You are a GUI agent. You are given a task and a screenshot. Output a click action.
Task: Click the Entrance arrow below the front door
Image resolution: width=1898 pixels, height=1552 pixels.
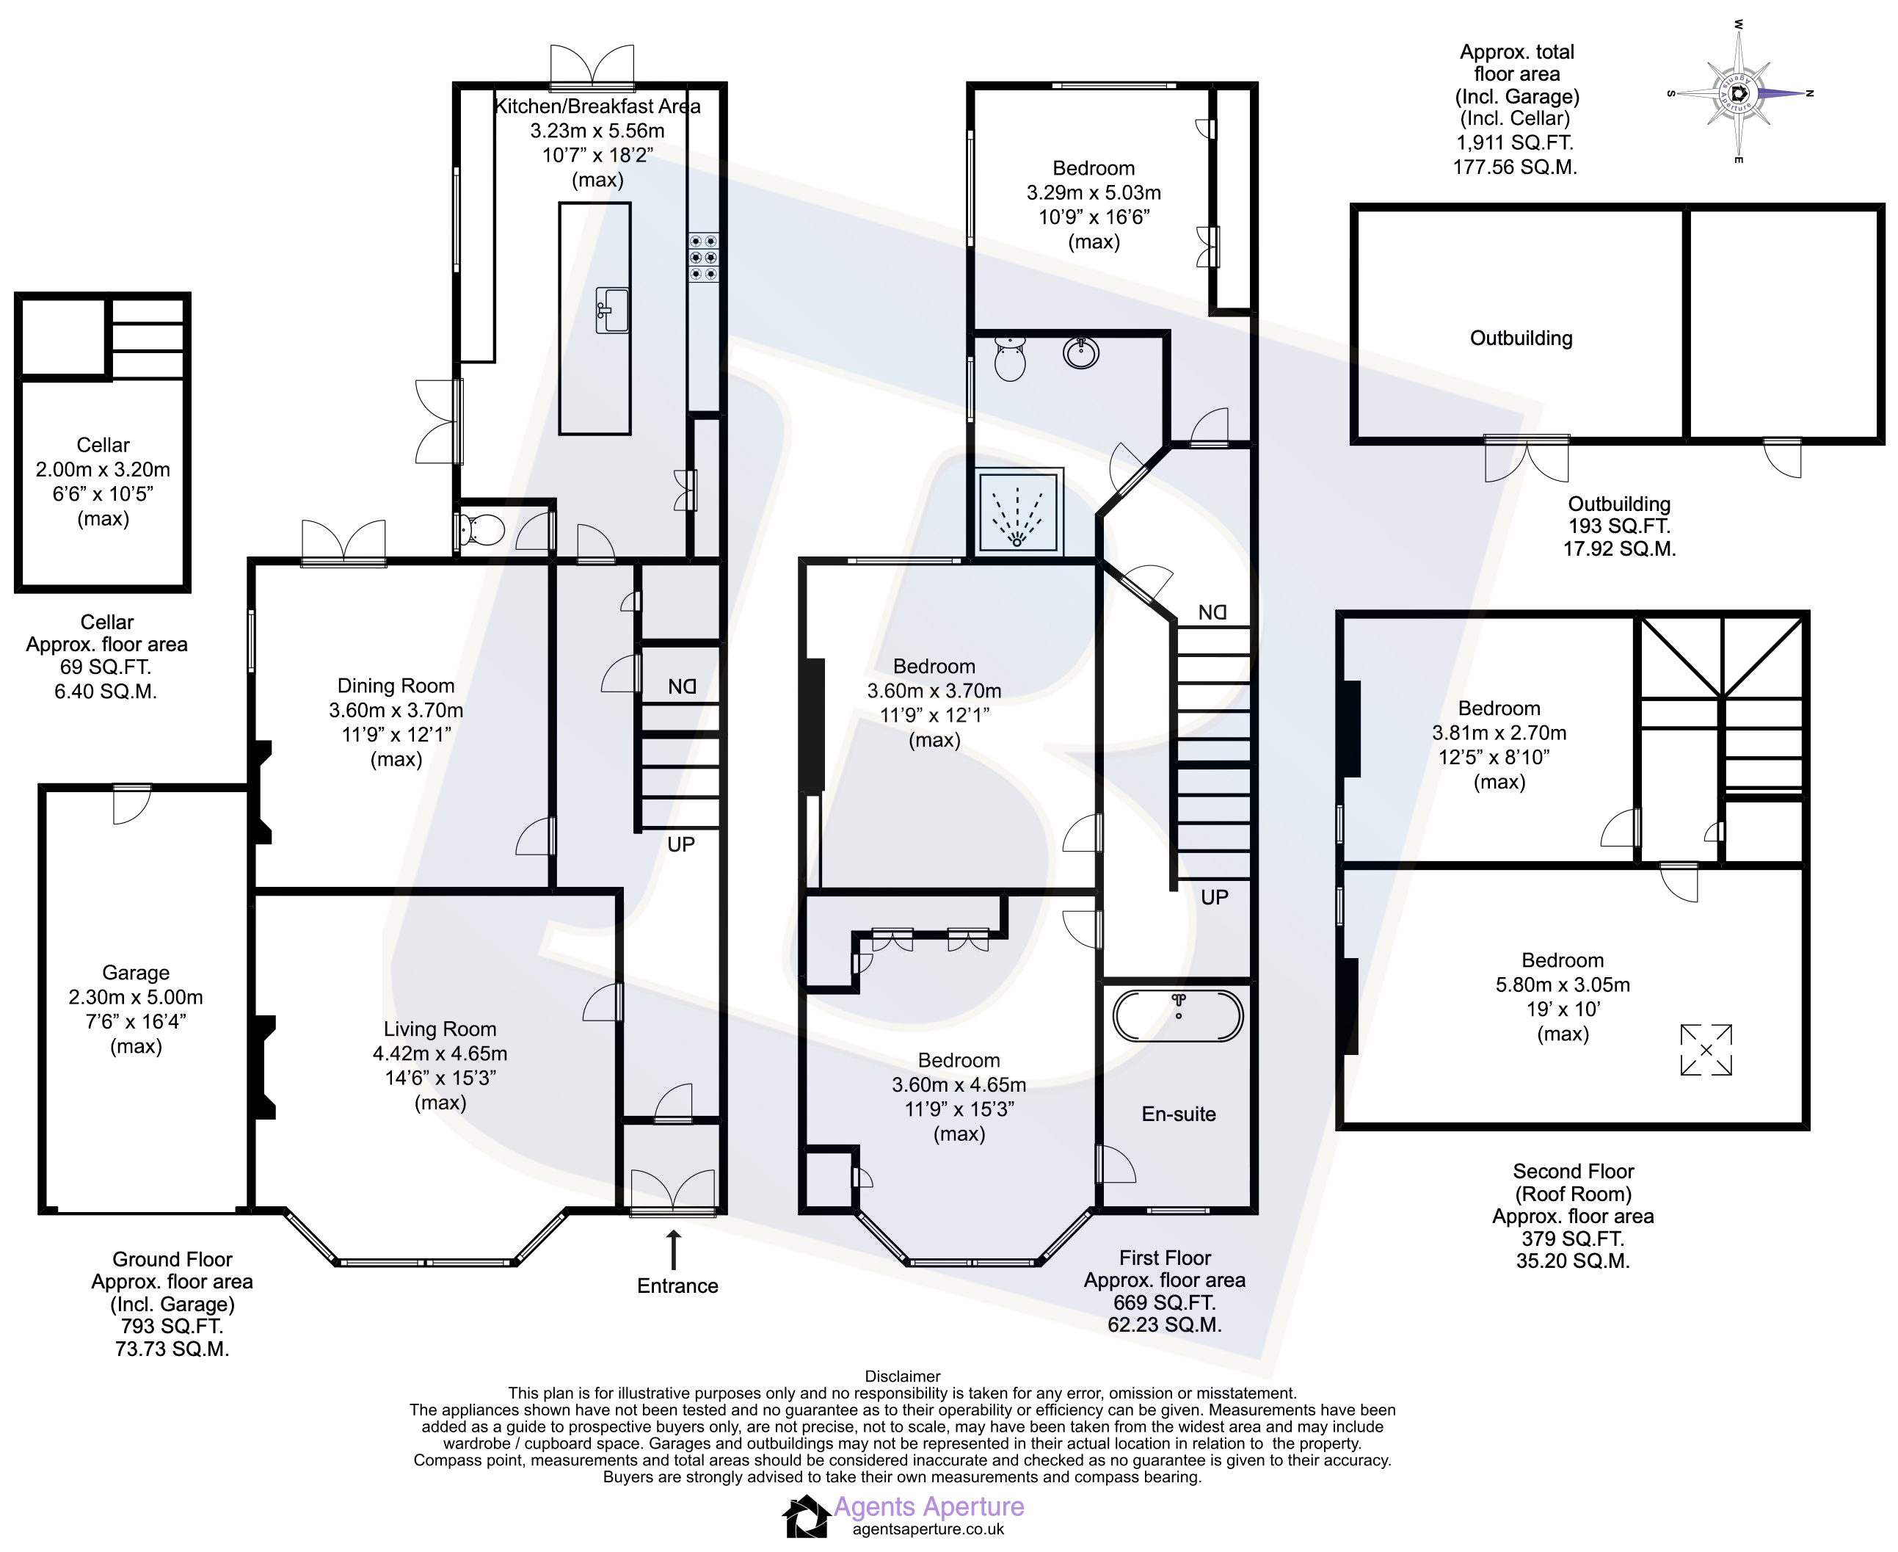[674, 1250]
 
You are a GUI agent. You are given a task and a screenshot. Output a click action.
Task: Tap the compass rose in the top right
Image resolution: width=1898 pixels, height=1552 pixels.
[1738, 92]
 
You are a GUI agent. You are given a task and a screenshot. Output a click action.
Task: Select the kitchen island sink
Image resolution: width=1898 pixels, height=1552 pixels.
[612, 311]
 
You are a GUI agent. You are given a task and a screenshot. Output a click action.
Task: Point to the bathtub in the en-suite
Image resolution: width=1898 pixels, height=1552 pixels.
[1178, 1015]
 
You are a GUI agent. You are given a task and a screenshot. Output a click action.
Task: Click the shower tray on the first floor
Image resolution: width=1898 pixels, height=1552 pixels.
[1018, 512]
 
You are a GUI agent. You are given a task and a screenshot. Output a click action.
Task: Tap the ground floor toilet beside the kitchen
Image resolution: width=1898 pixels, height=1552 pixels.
[480, 530]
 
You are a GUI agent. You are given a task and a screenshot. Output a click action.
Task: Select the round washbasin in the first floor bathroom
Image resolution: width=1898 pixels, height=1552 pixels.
[1081, 352]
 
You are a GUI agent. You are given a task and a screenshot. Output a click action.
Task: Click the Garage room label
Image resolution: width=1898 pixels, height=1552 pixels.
[136, 972]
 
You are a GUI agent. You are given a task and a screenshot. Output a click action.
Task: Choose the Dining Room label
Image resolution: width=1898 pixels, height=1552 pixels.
[396, 685]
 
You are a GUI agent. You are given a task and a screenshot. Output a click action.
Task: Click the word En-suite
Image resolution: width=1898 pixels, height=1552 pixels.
[1179, 1113]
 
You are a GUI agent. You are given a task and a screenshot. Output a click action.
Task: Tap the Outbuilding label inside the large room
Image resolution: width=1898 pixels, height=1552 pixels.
[1521, 338]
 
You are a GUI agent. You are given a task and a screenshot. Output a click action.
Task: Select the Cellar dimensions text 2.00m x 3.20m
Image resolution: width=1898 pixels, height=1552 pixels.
[103, 469]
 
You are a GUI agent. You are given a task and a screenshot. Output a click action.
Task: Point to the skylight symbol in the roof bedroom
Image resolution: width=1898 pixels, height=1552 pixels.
[1706, 1050]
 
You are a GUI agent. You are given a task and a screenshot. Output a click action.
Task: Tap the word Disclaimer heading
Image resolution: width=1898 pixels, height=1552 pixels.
[903, 1376]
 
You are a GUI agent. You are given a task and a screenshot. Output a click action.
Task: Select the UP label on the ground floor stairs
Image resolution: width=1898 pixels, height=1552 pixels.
[681, 844]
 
